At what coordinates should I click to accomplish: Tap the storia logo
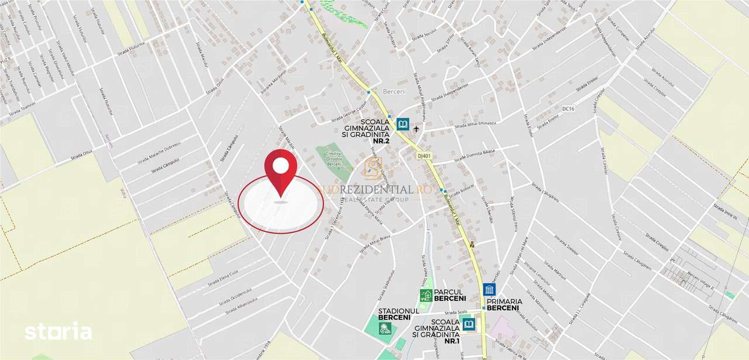pos(58,331)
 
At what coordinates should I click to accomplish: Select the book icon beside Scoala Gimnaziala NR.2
pos(403,124)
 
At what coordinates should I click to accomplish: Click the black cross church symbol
pos(417,129)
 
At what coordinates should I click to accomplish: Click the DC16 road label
pos(568,109)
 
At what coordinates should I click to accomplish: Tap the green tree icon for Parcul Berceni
pos(426,295)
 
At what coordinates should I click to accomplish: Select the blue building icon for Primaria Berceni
pos(489,290)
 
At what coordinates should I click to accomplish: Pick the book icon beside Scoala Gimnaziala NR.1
pos(468,324)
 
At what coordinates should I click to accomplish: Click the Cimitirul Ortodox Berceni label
pos(332,158)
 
